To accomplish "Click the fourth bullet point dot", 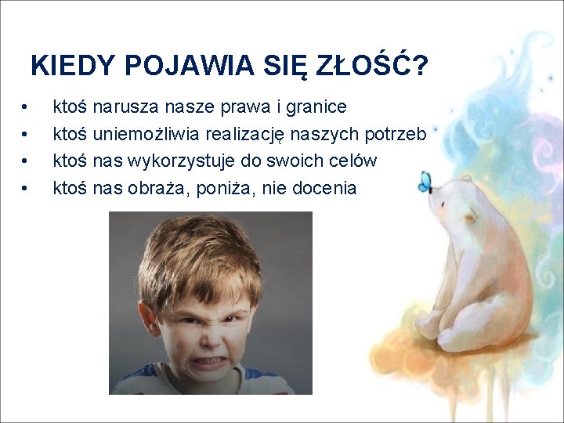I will (26, 189).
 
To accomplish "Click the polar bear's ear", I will (470, 216).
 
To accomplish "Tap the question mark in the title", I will (420, 66).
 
